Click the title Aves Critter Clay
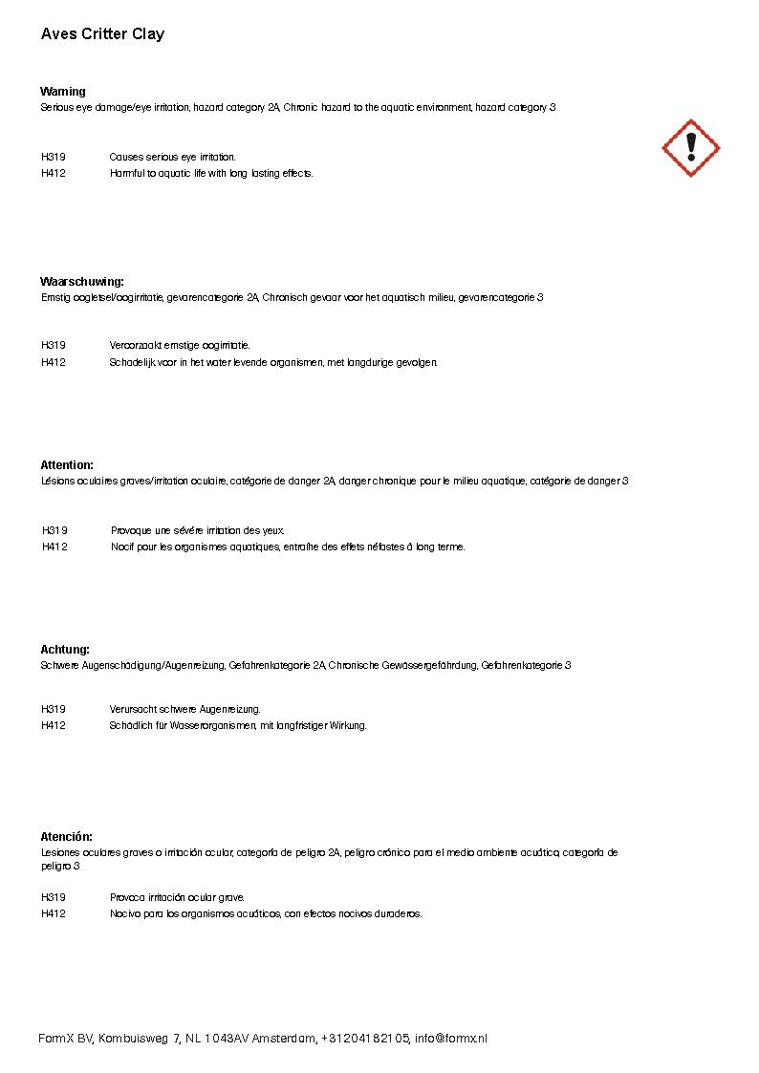coord(102,34)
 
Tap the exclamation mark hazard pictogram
coord(690,148)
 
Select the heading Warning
coord(63,92)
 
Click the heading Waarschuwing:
coord(82,282)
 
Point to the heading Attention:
coord(67,465)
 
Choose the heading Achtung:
coord(65,649)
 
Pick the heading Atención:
coord(66,836)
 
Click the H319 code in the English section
coord(54,157)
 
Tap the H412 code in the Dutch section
coord(54,362)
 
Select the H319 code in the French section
coord(54,530)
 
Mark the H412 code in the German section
coord(54,725)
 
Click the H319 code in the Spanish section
coord(54,897)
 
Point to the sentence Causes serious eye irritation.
coord(172,157)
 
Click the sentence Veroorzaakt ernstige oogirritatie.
coord(180,345)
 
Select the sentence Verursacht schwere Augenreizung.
coord(184,709)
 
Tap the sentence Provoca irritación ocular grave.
coord(177,897)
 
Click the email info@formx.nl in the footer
coord(450,1039)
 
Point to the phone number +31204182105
coord(365,1039)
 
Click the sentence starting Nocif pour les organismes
coord(288,547)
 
